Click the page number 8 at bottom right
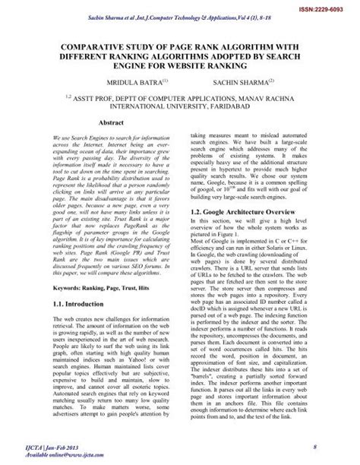point(314,444)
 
